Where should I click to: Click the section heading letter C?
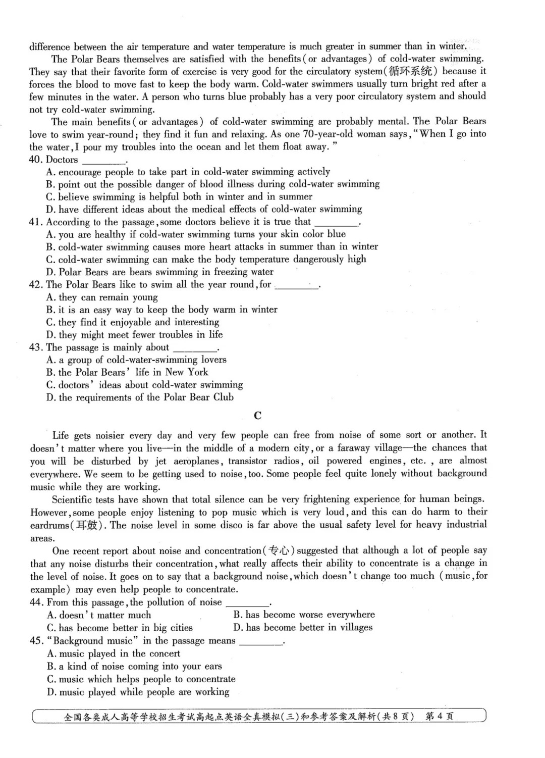(258, 416)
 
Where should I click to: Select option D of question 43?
(140, 397)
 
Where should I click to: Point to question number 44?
(36, 602)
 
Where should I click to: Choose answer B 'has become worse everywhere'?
(304, 615)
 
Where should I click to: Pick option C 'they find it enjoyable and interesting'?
(133, 322)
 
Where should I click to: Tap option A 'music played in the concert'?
(114, 654)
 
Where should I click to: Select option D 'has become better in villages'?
(303, 628)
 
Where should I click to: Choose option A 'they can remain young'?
(102, 297)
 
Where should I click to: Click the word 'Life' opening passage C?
(61, 435)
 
